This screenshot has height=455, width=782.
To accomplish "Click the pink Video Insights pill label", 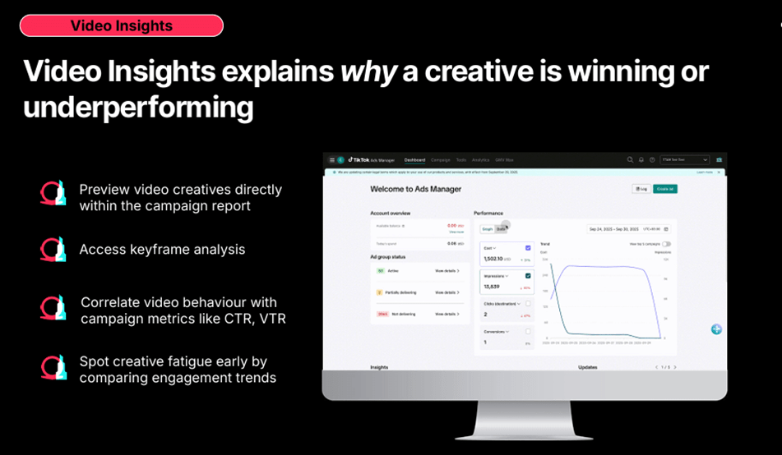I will pos(121,25).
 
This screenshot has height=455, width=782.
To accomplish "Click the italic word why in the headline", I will pos(368,71).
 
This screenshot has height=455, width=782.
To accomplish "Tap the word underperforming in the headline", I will pos(138,108).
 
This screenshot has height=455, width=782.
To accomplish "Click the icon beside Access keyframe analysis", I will pos(53,249).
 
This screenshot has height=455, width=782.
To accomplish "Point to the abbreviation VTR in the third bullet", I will pos(271,319).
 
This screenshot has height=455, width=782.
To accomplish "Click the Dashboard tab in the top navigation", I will pos(414,159).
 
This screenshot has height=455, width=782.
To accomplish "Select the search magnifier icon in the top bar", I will pos(630,159).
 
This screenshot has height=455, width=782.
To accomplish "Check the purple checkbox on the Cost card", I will pos(528,247).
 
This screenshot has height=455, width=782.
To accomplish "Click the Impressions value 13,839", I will pos(493,287).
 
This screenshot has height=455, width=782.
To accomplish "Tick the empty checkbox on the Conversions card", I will pos(528,332).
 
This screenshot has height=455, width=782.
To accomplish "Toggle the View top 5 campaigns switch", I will pos(666,244).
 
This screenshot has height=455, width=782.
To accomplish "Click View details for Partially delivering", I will pos(447,292).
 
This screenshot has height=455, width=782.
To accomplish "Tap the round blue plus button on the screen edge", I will pos(716,329).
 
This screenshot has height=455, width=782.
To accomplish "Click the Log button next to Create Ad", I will pos(641,188).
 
